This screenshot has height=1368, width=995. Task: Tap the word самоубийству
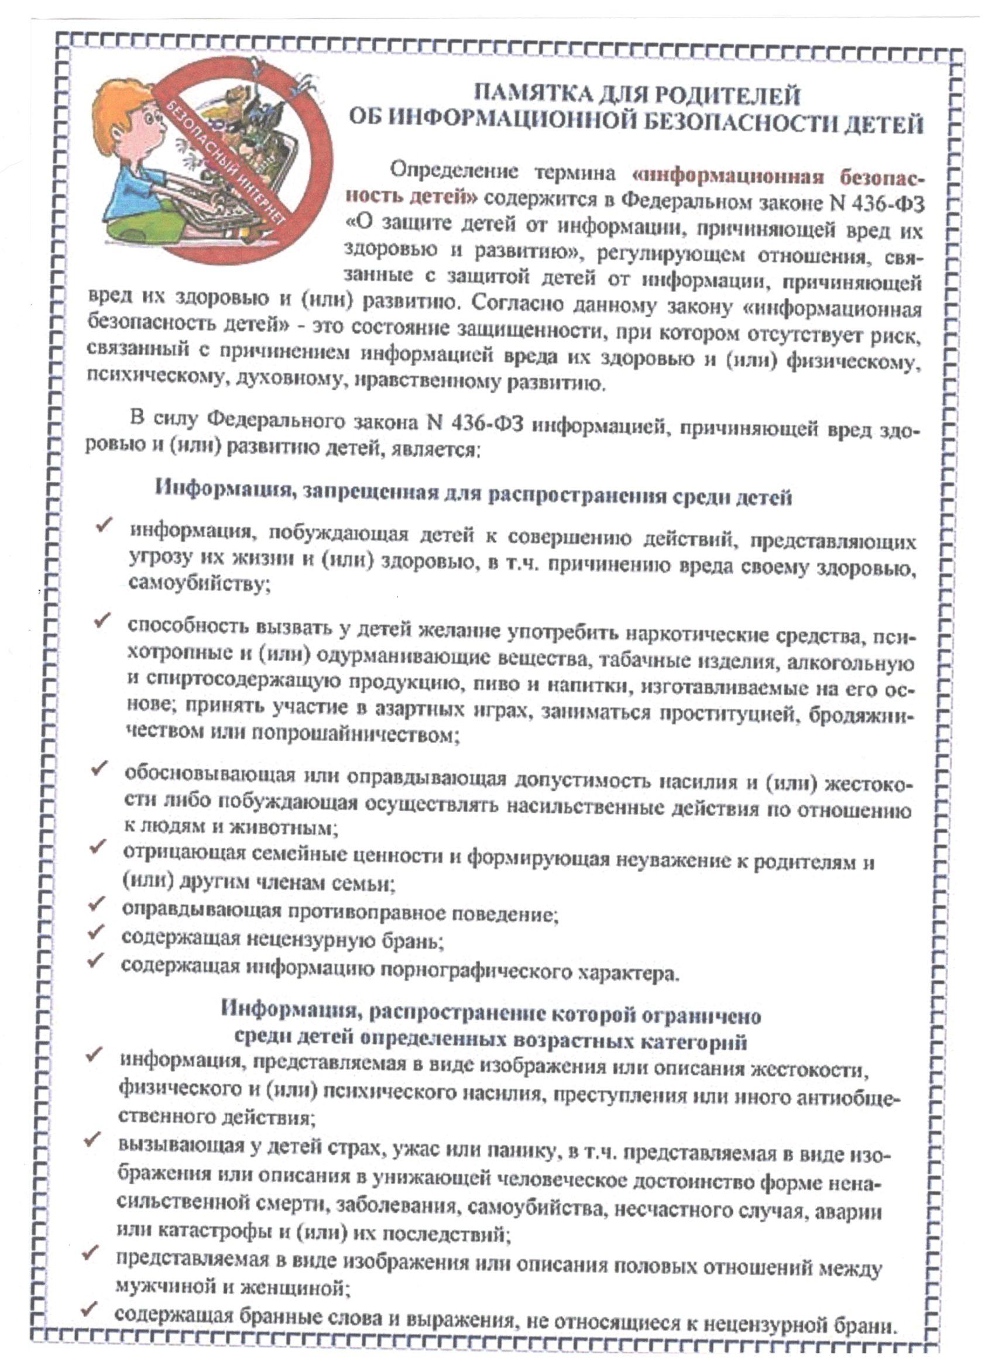tap(199, 583)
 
